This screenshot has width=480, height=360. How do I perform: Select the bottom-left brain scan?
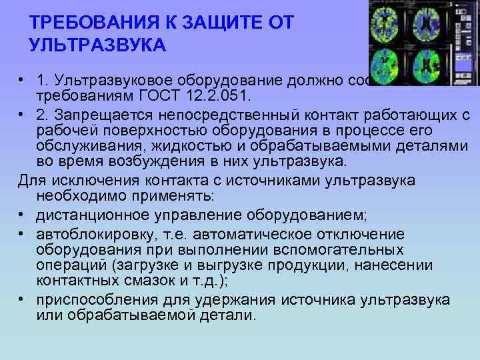click(390, 61)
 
